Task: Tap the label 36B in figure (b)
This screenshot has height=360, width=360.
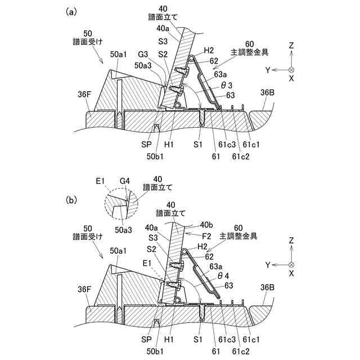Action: coord(268,286)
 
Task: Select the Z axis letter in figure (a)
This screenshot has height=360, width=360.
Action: coord(291,44)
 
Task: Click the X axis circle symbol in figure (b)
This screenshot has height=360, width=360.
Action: coord(291,264)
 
